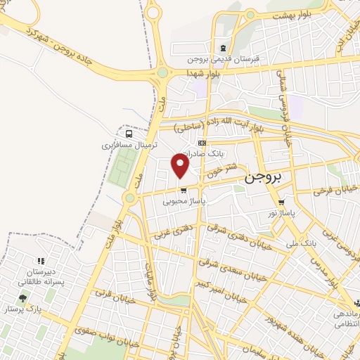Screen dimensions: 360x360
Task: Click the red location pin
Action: (181, 165)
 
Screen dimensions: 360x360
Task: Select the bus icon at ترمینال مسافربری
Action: (129, 134)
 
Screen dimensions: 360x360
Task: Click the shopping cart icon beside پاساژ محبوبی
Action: (184, 190)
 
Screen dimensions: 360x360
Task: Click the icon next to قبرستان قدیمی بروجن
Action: (223, 49)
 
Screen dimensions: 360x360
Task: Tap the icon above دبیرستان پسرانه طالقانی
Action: (40, 262)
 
